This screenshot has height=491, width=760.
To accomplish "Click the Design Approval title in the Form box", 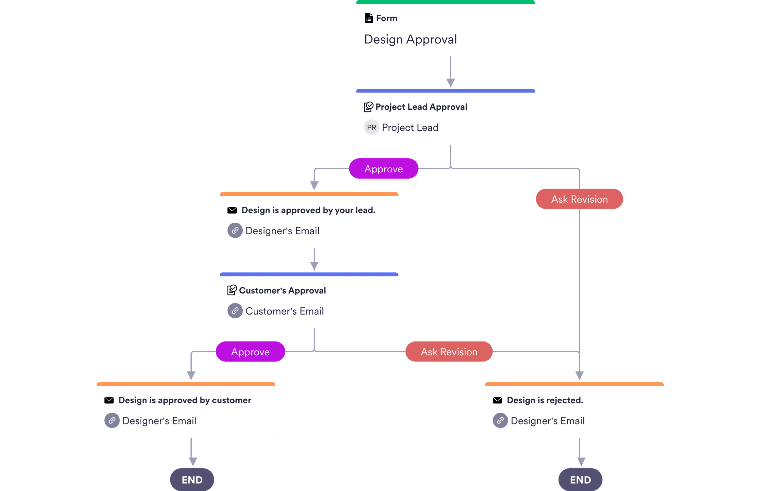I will tap(410, 39).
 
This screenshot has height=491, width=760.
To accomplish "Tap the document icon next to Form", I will tap(369, 18).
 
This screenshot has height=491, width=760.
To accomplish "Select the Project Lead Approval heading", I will tap(421, 107).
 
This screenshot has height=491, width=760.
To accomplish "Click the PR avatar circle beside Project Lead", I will tap(371, 128).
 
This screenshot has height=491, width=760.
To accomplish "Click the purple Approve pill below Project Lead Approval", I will tap(383, 169).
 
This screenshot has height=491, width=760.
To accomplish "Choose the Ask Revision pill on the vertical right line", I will tap(579, 199).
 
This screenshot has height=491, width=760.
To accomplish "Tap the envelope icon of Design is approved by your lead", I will tap(232, 210).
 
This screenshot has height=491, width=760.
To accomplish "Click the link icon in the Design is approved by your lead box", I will tap(235, 230).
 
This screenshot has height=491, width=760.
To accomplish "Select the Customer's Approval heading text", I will tap(282, 291).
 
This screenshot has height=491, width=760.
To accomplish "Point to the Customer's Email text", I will tap(284, 311).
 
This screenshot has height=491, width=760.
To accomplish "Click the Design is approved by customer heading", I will tap(185, 400).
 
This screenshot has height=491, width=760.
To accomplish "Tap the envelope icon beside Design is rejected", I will tap(497, 400).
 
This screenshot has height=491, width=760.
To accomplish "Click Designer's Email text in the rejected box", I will tap(547, 421).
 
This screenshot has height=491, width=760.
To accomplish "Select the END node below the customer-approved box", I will tap(192, 480).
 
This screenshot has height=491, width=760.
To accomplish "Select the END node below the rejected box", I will tap(580, 480).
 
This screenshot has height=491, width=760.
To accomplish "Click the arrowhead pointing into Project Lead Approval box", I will tap(450, 83).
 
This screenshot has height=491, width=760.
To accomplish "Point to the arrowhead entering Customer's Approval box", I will tap(314, 266).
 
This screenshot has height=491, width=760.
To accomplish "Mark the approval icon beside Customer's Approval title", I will tap(232, 290).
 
